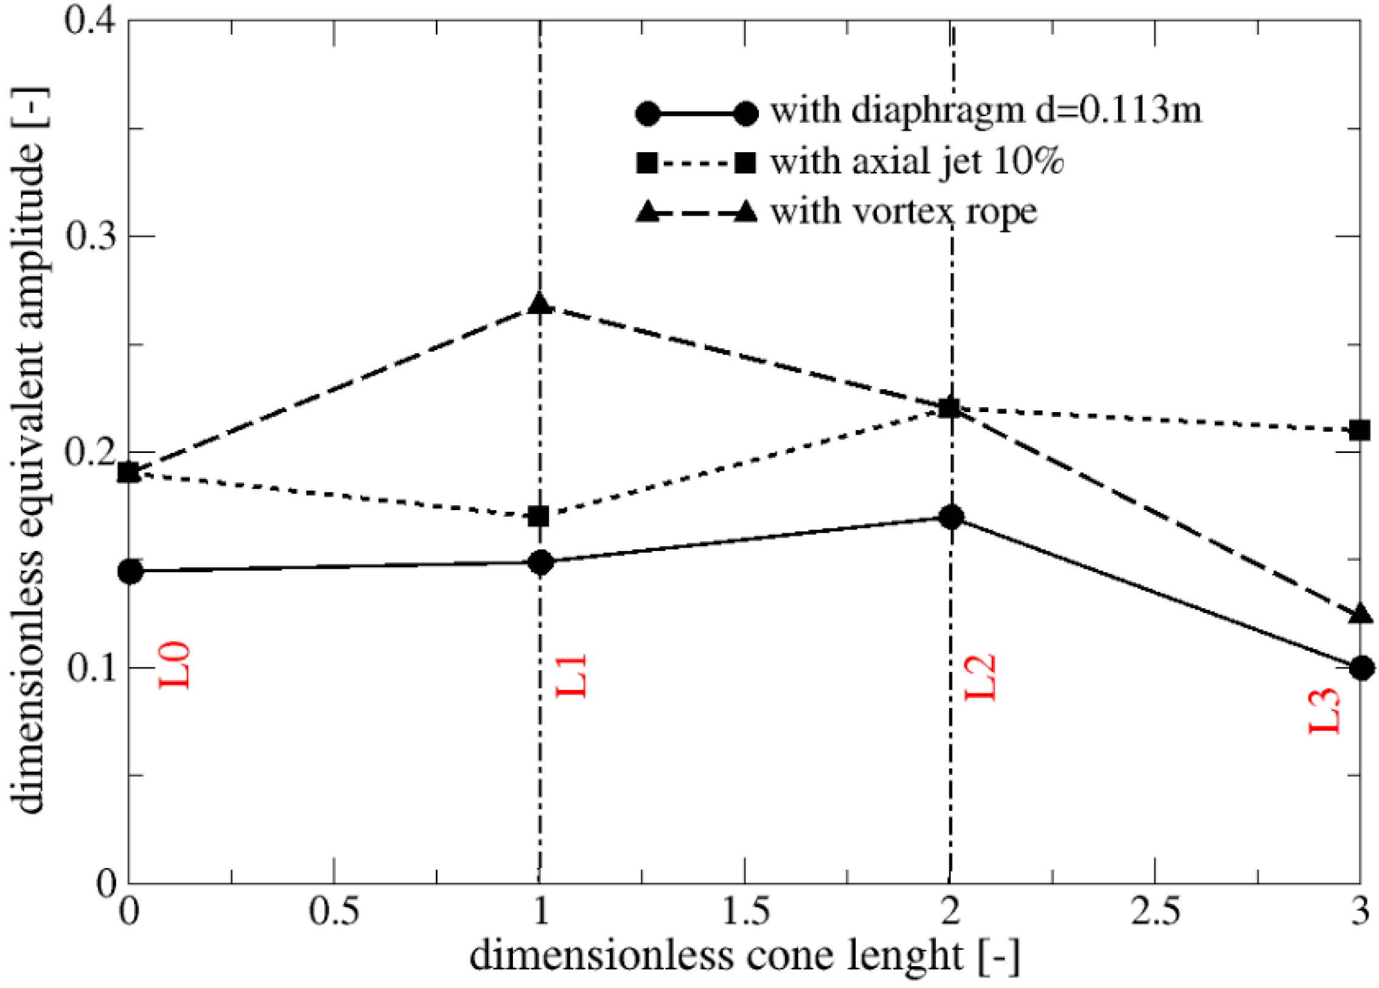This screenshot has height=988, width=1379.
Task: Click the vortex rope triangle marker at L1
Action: (x=540, y=304)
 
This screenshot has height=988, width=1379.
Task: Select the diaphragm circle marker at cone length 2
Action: (x=951, y=517)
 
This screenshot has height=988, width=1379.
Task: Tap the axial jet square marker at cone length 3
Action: (x=1360, y=430)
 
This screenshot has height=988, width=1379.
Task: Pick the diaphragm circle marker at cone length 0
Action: (x=131, y=571)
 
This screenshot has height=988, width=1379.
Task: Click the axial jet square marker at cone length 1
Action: (x=539, y=517)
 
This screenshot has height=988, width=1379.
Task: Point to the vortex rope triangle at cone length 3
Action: (x=1361, y=614)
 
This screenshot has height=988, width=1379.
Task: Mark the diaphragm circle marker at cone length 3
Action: (x=1361, y=668)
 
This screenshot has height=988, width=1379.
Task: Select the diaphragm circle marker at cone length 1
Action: (x=540, y=562)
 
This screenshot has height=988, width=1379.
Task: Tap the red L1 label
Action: (x=571, y=675)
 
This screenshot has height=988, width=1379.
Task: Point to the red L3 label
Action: (x=1325, y=710)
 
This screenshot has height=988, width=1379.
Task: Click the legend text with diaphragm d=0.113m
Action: (x=986, y=111)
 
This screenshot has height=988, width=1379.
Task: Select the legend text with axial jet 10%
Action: (x=917, y=163)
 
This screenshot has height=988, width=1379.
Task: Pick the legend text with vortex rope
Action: (x=904, y=212)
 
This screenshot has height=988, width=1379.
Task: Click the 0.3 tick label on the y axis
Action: (x=91, y=236)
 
